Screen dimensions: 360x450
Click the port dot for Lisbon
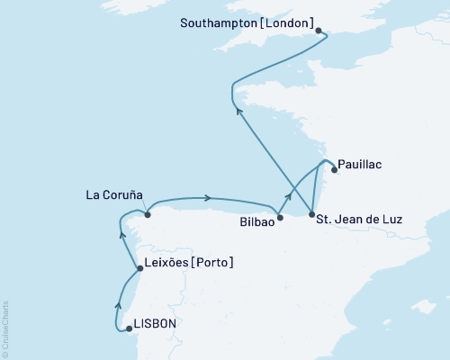129,328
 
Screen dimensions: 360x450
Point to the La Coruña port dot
148,214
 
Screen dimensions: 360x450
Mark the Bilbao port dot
280,217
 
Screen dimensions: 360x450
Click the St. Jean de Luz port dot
311,215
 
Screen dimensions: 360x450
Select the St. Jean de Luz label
365,220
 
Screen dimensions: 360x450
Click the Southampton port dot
319,31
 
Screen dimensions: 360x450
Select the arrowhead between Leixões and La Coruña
123,236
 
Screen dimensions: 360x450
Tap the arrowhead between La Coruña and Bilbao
208,198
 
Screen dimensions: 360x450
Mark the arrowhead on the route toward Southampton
238,111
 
